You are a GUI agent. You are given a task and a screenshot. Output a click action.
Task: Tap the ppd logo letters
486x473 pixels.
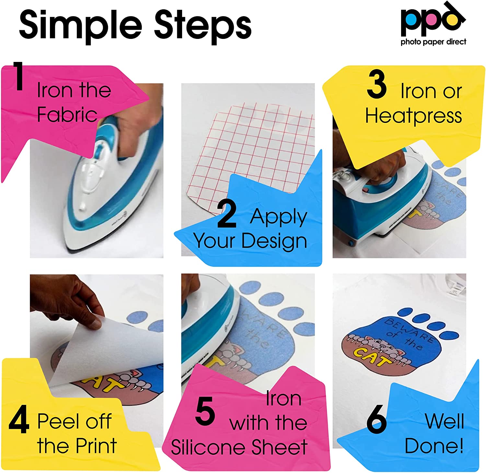click(431, 20)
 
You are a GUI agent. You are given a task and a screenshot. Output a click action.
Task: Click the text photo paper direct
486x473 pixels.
click(433, 42)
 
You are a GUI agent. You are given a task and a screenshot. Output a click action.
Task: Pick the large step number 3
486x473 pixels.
click(376, 85)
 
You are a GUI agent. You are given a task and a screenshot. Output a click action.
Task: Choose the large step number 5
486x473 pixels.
click(205, 411)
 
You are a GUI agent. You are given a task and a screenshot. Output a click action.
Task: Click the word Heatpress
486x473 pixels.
click(413, 116)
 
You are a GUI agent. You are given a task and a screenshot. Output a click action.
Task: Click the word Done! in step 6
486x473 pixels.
click(434, 446)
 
